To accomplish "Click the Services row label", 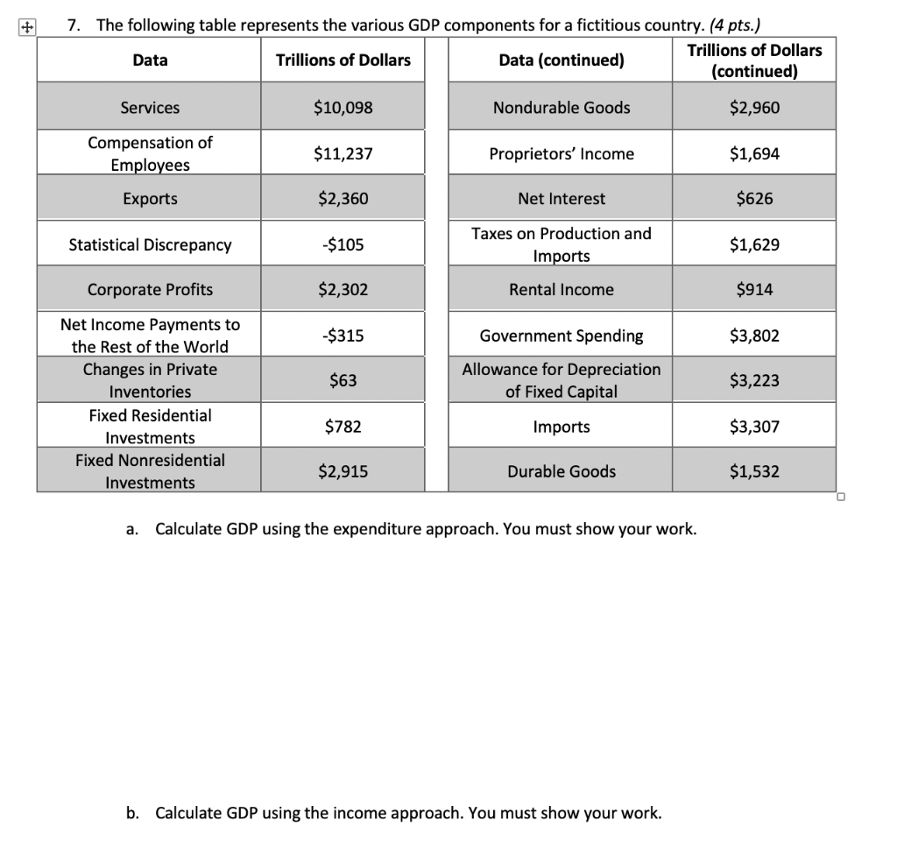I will tap(150, 108).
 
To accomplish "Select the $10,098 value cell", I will tap(343, 108).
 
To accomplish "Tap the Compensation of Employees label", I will tap(150, 153).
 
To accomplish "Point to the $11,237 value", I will tap(343, 154).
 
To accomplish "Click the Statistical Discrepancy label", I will tap(150, 245).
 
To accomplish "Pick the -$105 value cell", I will tap(343, 245).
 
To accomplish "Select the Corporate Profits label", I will tap(150, 290).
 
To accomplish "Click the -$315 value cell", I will tap(343, 336).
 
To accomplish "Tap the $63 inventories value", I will tap(343, 381).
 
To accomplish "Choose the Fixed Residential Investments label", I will tap(150, 427).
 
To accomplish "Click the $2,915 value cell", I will tap(343, 472).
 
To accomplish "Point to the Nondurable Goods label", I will tap(562, 108).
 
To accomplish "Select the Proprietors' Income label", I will tap(562, 154).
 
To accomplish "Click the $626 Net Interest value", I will tap(754, 199).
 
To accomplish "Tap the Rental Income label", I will tap(562, 290).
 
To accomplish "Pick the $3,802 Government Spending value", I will tap(754, 336).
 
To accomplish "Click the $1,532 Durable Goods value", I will tap(754, 472).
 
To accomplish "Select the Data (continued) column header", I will tap(562, 60).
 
